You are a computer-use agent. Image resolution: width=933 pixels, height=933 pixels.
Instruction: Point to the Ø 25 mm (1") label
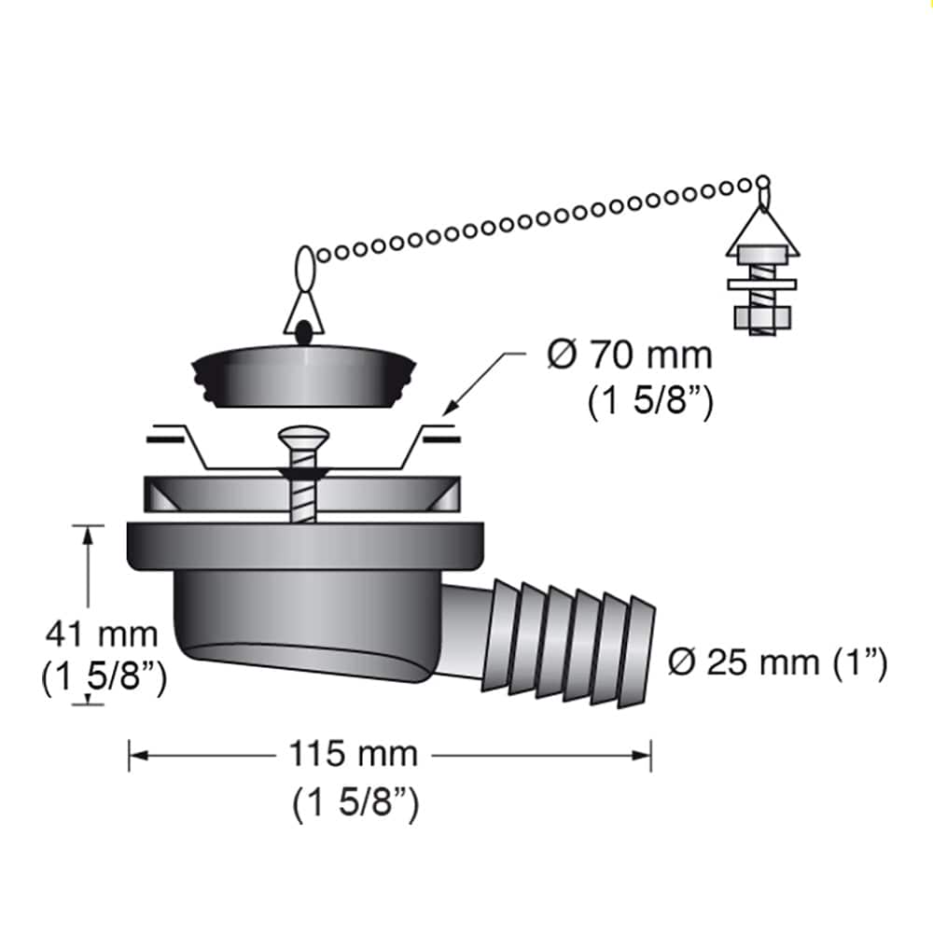click(x=777, y=663)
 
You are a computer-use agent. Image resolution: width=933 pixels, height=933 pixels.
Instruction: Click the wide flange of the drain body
click(x=306, y=547)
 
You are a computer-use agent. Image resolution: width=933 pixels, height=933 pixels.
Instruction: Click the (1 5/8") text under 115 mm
click(x=355, y=803)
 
